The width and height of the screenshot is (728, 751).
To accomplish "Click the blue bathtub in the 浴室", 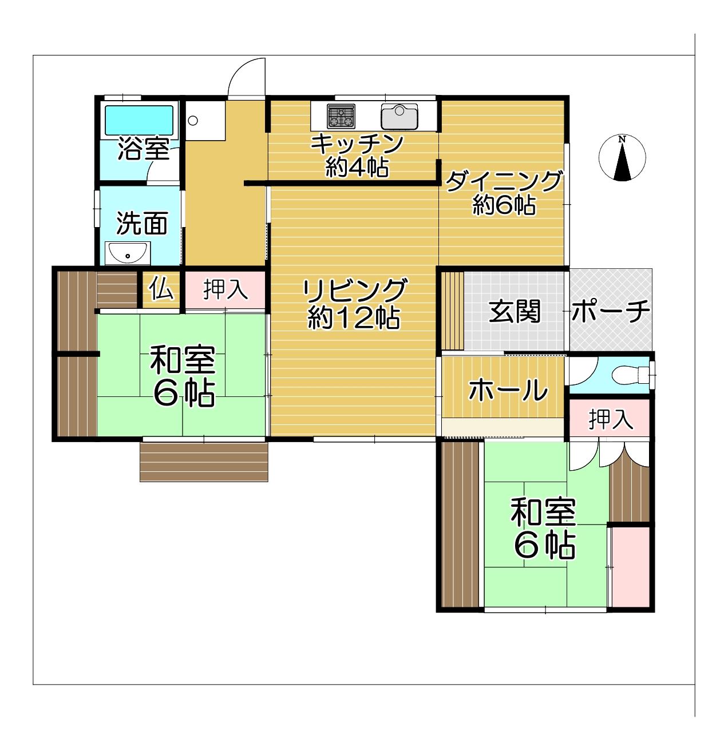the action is point(139,120).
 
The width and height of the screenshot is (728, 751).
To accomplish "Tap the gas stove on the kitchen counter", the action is point(341,116).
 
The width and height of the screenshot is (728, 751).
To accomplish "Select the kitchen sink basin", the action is point(399,116).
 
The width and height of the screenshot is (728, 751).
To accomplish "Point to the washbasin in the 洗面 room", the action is point(128,252).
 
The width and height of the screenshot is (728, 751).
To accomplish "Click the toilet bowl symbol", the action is point(630,374).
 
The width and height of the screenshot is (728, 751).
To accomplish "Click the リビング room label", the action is point(354,290).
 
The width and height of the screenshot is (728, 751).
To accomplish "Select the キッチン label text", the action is point(357,144).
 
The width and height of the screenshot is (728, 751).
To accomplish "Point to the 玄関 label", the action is point(515,311).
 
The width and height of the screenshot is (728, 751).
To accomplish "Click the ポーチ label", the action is point(610,311).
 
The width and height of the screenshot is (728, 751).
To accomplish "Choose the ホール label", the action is point(508,390).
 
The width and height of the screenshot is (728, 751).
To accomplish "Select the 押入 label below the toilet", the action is point(611,419).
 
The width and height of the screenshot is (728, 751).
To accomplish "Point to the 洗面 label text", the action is point(142,223).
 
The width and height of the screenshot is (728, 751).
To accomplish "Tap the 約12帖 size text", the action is point(353,318).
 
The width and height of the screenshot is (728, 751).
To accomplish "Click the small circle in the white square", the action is point(193,121).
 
